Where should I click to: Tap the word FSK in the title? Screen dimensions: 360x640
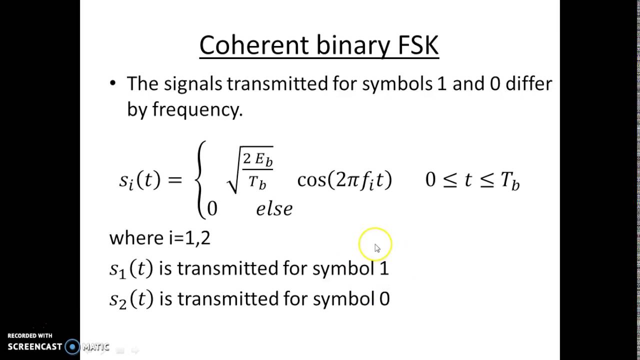(417, 45)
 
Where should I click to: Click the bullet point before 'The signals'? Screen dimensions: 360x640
(112, 83)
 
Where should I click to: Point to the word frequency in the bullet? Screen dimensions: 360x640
(197, 109)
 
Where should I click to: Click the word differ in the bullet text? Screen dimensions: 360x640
(528, 83)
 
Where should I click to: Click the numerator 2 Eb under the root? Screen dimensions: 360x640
(257, 159)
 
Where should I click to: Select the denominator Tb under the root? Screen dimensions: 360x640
(257, 182)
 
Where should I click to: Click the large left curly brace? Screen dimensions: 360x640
(201, 180)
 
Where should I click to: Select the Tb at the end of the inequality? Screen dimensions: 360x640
(510, 181)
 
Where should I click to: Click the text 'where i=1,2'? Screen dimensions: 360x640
(160, 238)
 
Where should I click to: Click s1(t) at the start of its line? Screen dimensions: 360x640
(130, 269)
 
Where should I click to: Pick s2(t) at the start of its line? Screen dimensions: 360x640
(131, 299)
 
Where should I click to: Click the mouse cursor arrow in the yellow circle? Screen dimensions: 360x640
(377, 248)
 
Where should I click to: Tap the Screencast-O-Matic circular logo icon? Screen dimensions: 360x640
(72, 346)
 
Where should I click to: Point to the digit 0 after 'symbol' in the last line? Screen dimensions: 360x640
(384, 299)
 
